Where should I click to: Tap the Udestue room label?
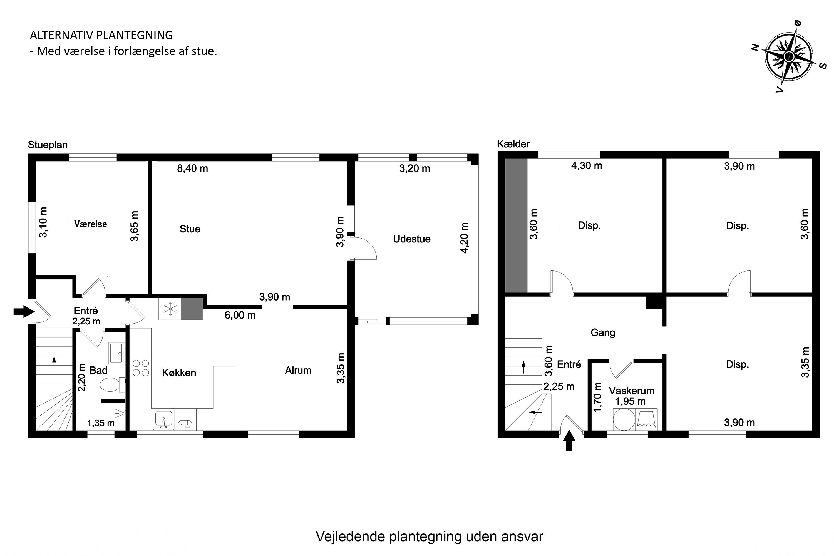pos(411,239)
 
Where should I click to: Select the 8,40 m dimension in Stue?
pos(193,168)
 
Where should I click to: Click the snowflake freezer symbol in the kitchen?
pos(170,309)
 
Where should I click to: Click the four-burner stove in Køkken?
pos(140,368)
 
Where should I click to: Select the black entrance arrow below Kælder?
pos(569,440)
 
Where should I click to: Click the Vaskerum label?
pos(632,391)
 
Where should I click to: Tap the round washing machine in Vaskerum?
pos(624,420)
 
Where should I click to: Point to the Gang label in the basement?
pos(603,332)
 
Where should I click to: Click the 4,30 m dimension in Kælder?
pos(587,166)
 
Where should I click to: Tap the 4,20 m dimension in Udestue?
pos(464,238)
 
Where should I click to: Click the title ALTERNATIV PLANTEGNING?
pos(101,35)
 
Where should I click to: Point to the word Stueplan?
pos(48,145)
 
